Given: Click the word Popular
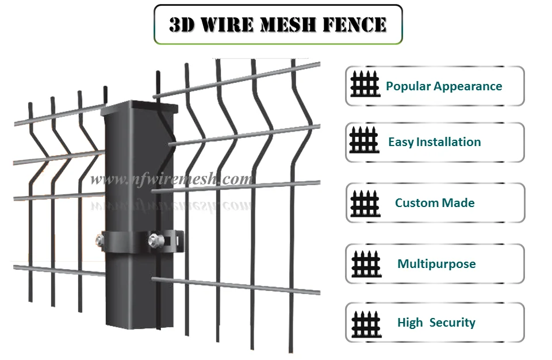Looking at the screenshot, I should (x=408, y=86).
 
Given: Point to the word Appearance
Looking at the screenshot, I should (x=467, y=86).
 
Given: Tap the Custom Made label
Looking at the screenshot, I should (x=435, y=203).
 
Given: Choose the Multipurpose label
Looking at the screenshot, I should (x=436, y=264).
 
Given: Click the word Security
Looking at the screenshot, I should (x=452, y=323).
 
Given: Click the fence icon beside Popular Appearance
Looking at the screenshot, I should (x=365, y=85).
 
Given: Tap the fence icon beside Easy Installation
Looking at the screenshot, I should (x=365, y=141).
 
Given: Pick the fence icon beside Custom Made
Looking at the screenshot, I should (x=365, y=202).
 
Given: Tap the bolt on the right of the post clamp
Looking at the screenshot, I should (x=154, y=238).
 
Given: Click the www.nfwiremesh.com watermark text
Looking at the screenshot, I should (x=171, y=179).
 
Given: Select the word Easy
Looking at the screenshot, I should (x=401, y=142).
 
